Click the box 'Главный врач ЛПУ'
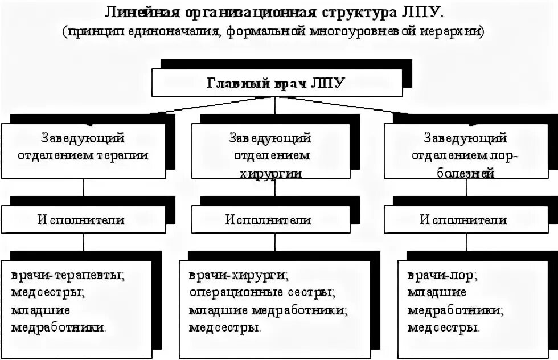[276, 83]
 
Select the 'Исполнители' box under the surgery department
[269, 219]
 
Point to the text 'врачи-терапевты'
[67, 276]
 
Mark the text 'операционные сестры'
[261, 293]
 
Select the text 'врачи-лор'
[442, 276]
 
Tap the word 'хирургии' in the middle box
[270, 174]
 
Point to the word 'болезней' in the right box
[465, 174]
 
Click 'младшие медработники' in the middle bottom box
[268, 310]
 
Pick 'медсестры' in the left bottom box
[46, 293]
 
